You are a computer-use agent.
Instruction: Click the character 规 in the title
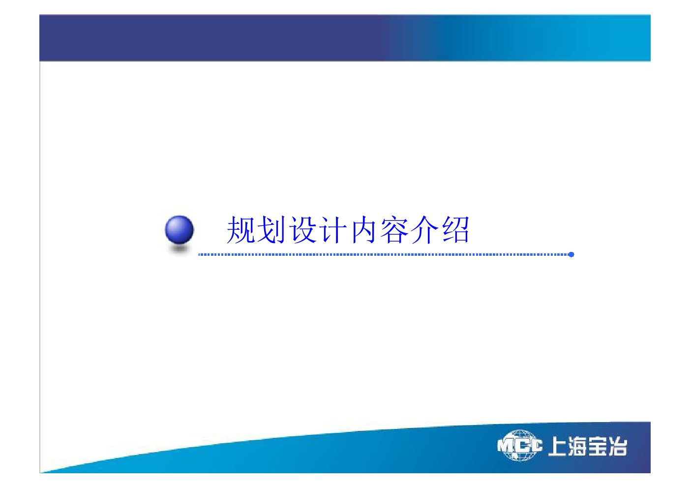pos(241,230)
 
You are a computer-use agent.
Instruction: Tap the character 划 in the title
pos(271,230)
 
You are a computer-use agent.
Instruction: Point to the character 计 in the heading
pos(333,230)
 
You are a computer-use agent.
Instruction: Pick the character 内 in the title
pos(363,230)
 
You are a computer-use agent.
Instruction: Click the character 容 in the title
pos(394,230)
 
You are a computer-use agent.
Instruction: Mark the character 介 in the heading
pos(425,230)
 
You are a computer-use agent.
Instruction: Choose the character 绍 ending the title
pos(455,230)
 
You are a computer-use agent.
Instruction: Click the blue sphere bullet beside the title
pos(180,230)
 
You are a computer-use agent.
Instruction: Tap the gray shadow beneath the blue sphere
pos(180,249)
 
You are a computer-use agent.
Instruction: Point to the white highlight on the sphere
pos(175,224)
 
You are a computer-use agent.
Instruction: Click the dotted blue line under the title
pos(385,254)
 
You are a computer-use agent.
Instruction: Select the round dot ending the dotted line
pos(571,254)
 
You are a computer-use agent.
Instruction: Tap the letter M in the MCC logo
pos(505,446)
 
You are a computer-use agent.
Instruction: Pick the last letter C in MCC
pos(536,445)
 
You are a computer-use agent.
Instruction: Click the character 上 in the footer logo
pos(558,446)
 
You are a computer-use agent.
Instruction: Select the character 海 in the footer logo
pos(577,446)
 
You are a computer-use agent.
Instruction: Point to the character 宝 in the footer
pos(597,446)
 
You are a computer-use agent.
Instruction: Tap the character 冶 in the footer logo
pos(617,446)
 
